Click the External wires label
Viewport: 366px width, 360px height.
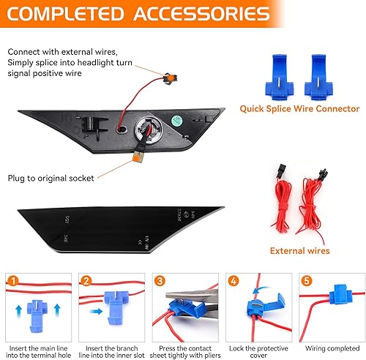[x=300, y=250]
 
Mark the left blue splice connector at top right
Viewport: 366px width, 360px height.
[x=278, y=74]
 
